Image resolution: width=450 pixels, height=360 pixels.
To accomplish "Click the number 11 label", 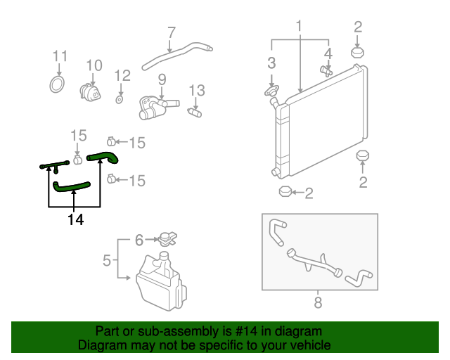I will click(60, 56).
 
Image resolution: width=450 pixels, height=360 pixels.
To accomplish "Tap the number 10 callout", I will click(94, 65).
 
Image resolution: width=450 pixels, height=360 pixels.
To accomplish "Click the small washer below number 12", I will click(120, 99).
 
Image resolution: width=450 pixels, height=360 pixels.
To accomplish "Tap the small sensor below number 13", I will click(195, 111).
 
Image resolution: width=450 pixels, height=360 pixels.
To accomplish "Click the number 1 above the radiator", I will click(299, 26).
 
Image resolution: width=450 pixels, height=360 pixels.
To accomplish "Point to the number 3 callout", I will click(271, 64).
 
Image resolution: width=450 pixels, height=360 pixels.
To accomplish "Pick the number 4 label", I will click(328, 53).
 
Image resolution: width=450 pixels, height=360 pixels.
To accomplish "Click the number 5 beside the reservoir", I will click(107, 261).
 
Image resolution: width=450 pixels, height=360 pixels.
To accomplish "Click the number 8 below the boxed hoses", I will click(318, 303).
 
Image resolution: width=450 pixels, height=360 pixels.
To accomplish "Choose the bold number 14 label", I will click(75, 220).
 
